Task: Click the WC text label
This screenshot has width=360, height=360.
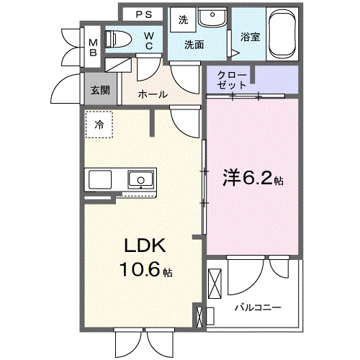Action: pyautogui.click(x=148, y=41)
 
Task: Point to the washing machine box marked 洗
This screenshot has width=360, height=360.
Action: pyautogui.click(x=183, y=20)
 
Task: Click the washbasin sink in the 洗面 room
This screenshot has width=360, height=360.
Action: pyautogui.click(x=212, y=19)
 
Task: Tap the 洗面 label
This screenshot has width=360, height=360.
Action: pyautogui.click(x=193, y=45)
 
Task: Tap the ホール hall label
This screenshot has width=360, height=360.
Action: pyautogui.click(x=153, y=94)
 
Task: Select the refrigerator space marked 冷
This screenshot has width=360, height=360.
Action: pyautogui.click(x=98, y=124)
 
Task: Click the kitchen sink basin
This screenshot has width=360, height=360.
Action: pyautogui.click(x=139, y=179)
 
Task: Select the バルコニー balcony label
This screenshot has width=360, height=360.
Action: pyautogui.click(x=256, y=307)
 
